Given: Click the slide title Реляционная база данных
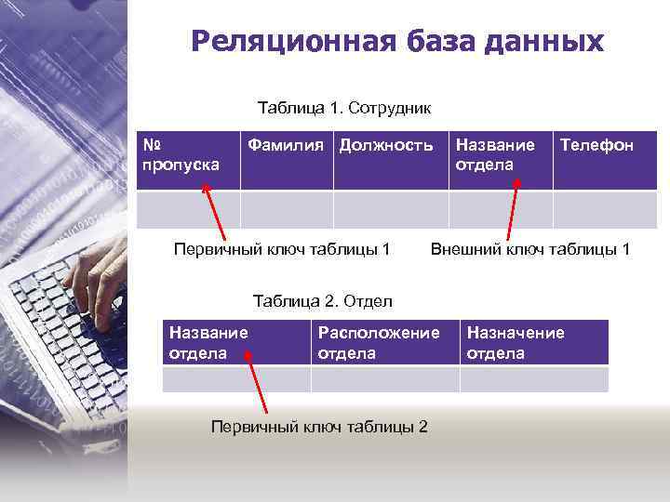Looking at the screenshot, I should (x=397, y=42).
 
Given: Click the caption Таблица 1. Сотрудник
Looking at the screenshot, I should (x=343, y=108).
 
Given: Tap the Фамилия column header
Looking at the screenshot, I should (x=287, y=160).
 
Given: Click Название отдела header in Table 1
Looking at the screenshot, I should (x=501, y=160).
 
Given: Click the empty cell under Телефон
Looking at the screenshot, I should (x=605, y=209).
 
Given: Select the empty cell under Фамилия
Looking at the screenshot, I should (x=287, y=209).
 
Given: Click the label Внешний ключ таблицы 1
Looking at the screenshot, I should (x=529, y=249).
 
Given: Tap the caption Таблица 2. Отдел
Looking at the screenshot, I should (x=323, y=301).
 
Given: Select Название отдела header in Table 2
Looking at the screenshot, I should (x=236, y=342).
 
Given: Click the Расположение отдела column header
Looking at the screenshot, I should (x=384, y=342).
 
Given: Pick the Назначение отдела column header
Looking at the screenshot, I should (x=534, y=342).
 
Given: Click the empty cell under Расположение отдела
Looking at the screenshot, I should (x=384, y=379).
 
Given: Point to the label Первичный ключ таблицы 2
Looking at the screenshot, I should (x=319, y=427).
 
